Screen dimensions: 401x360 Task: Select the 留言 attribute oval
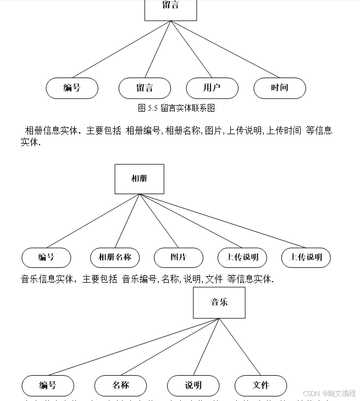coord(145,88)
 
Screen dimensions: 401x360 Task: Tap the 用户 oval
coord(212,88)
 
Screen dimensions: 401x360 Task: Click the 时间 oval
coord(280,88)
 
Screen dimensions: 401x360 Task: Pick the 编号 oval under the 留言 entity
coord(72,88)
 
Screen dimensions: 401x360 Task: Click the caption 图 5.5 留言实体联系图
coord(176,108)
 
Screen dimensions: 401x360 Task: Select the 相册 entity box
coord(139,179)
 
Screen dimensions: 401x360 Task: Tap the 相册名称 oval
coord(115,257)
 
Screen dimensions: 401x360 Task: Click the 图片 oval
coord(179,257)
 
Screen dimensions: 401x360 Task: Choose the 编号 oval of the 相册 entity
coord(46,257)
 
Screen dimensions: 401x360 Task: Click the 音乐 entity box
coord(219,303)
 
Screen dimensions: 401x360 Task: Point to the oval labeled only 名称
coord(120,386)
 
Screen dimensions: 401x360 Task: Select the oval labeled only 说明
coord(193,386)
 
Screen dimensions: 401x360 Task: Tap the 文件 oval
coord(261,386)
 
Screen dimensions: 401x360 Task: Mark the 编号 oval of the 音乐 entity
coord(48,386)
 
